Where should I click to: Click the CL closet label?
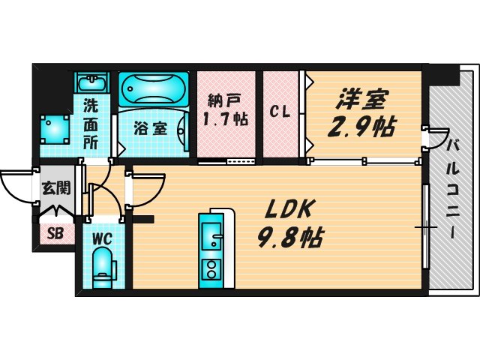(x=280, y=113)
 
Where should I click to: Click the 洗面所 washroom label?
(x=91, y=122)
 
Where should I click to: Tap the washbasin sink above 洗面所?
(x=91, y=82)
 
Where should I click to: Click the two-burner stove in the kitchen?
(x=210, y=268)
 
